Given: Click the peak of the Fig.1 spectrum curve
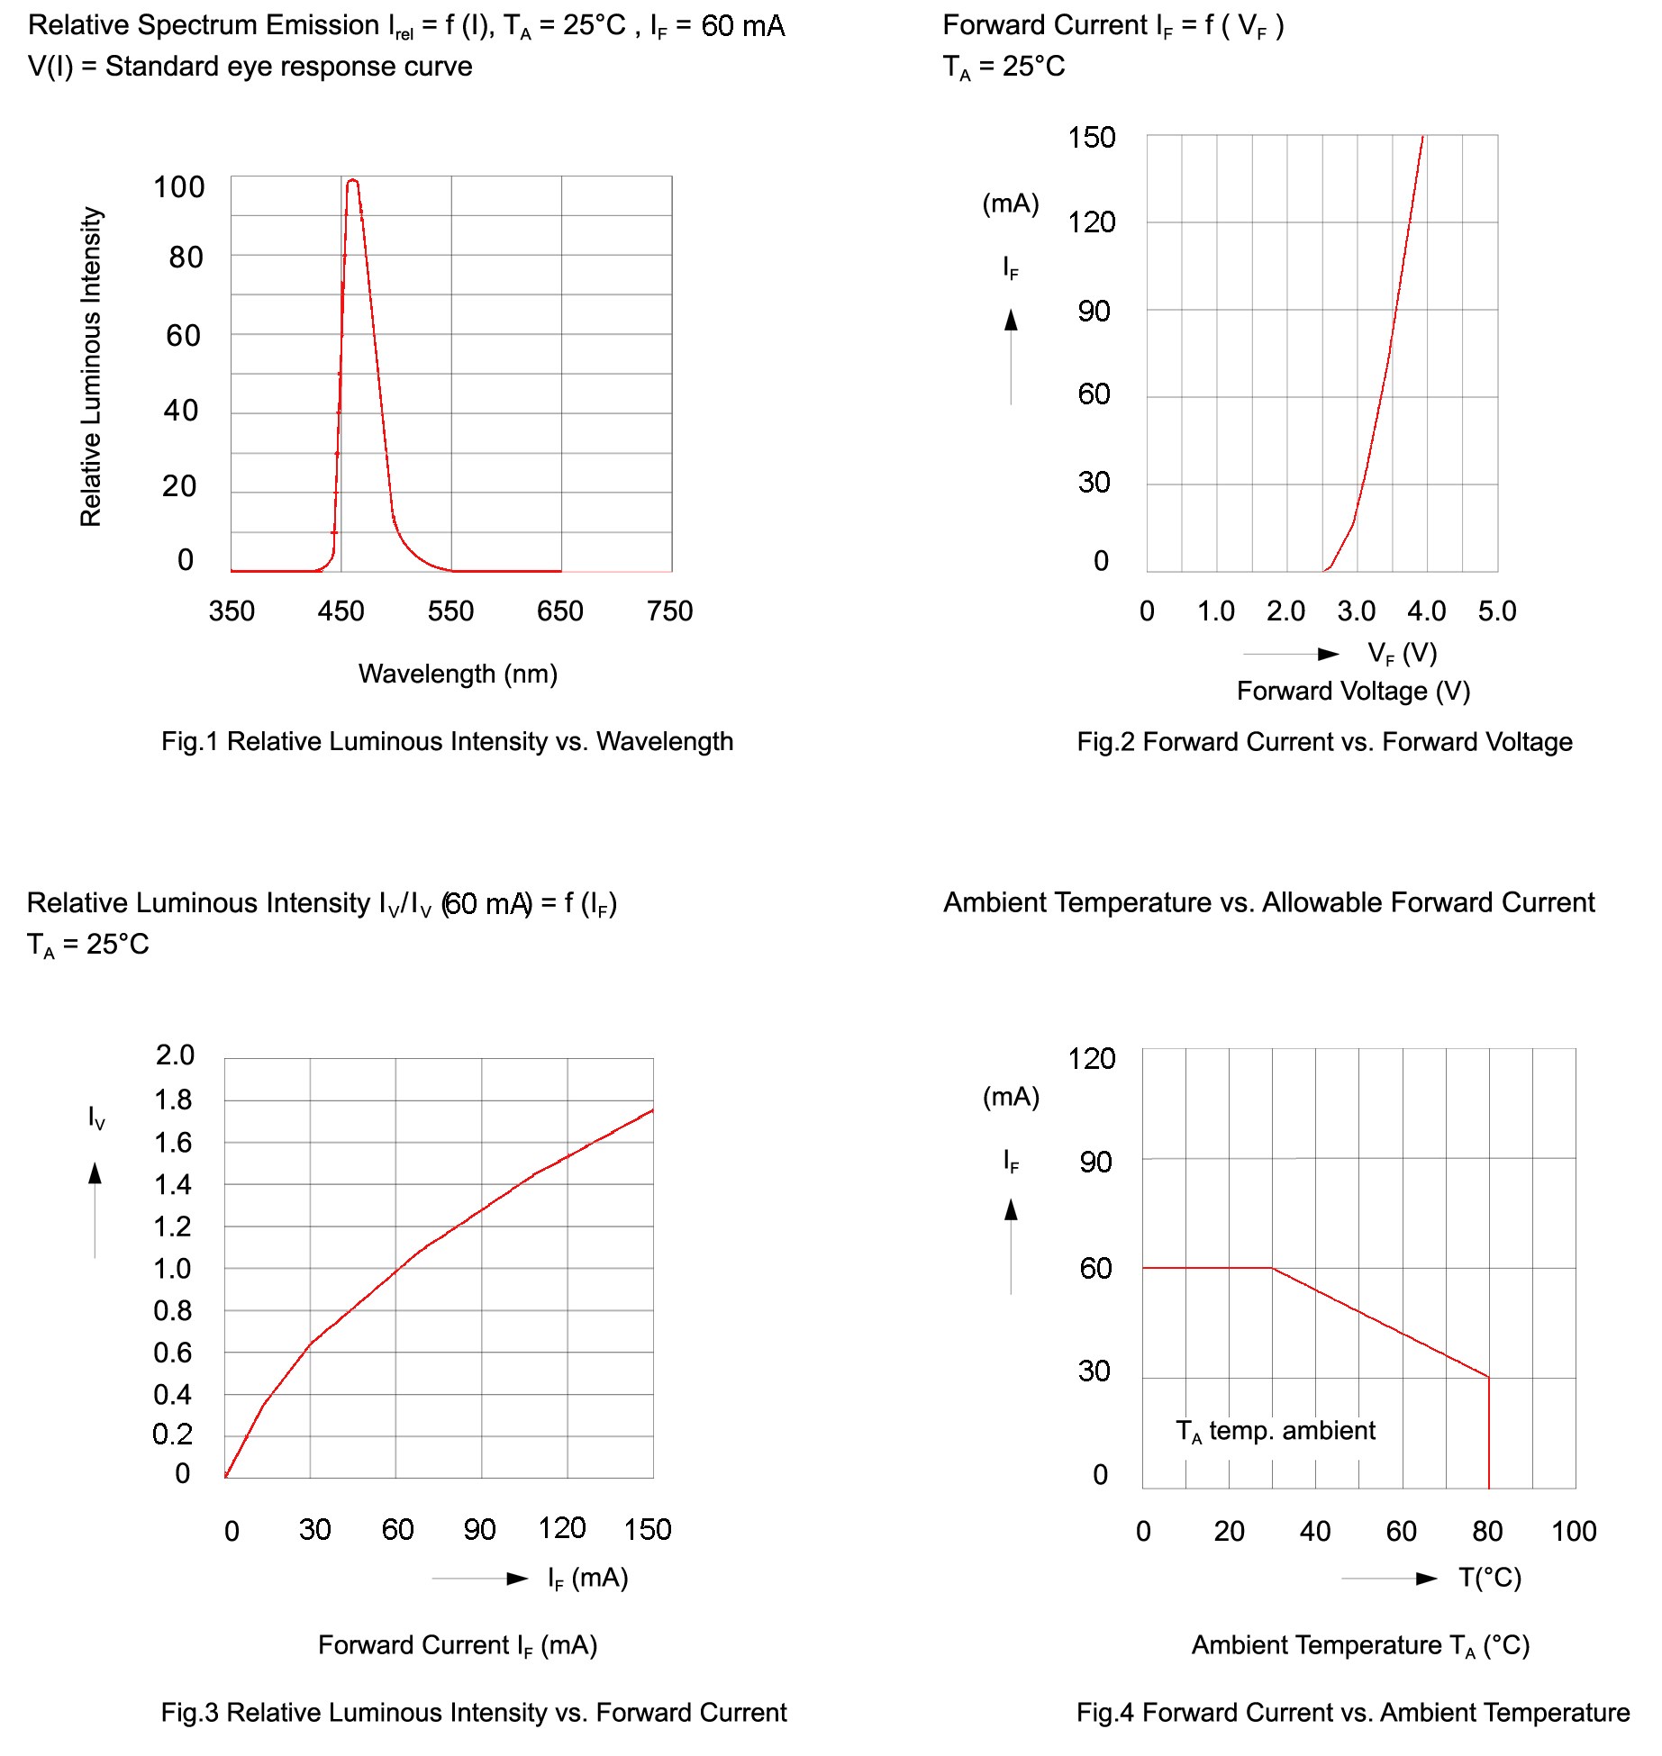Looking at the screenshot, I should coord(352,181).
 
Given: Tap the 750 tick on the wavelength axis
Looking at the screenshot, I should coord(669,611).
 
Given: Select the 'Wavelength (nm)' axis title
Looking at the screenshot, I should coord(458,674).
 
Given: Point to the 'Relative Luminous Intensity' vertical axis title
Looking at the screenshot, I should coord(91,367).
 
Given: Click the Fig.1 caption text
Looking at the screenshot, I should coord(447,741).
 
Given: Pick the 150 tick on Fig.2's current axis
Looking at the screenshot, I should coord(1091,138).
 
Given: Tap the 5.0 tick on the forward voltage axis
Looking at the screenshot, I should coord(1496,611).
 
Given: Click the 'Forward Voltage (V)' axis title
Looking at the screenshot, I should coord(1353,691).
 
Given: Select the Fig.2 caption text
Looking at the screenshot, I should coord(1324,741).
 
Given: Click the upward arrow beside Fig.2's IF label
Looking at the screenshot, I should coord(1011,321).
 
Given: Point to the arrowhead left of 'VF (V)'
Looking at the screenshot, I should coord(1328,654).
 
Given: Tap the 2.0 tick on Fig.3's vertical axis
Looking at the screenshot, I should coord(175,1055).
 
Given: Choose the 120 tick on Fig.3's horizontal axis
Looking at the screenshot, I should coord(562,1528).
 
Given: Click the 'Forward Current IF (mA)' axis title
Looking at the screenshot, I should coord(458,1645).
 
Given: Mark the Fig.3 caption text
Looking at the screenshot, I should coord(474,1712).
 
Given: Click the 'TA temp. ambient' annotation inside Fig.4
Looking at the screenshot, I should coord(1276,1431).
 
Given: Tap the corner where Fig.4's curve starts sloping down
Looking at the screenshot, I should coord(1272,1268).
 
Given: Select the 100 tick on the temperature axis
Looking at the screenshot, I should coord(1573,1531).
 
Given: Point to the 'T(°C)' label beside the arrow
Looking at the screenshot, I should coord(1490,1578).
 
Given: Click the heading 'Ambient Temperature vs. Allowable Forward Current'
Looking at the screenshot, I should coord(1268,902).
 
